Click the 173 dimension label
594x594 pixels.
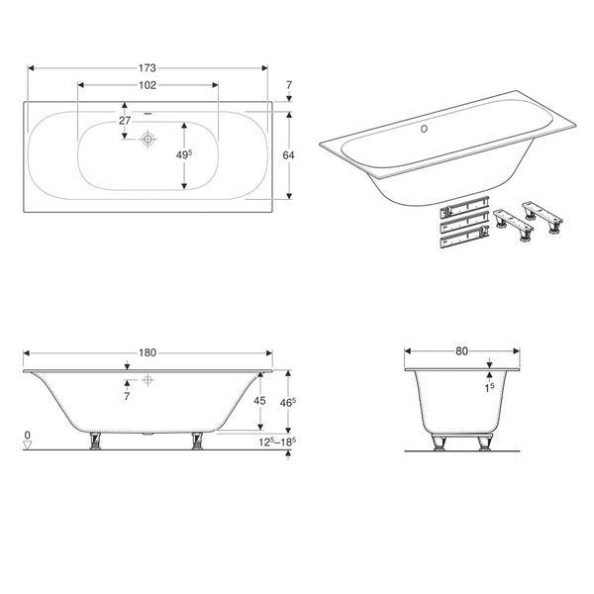point(147,68)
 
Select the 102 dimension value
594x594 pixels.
point(148,85)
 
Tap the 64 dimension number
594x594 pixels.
point(289,155)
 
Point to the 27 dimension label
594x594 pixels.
point(125,121)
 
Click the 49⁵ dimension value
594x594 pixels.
point(184,154)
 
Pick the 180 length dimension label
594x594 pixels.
point(148,353)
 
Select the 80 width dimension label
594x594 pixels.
point(461,351)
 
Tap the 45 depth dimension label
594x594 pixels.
point(259,401)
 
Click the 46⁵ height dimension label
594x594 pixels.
point(288,403)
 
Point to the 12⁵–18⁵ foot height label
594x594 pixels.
point(277,442)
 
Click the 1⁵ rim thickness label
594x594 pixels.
point(489,388)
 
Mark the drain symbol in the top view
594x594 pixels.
point(148,139)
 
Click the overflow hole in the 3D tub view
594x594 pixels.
point(425,129)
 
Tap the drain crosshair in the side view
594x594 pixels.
point(148,379)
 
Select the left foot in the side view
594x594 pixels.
point(95,441)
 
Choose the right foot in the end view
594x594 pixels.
point(484,444)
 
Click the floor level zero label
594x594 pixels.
point(27,436)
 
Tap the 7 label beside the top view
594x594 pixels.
point(289,85)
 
